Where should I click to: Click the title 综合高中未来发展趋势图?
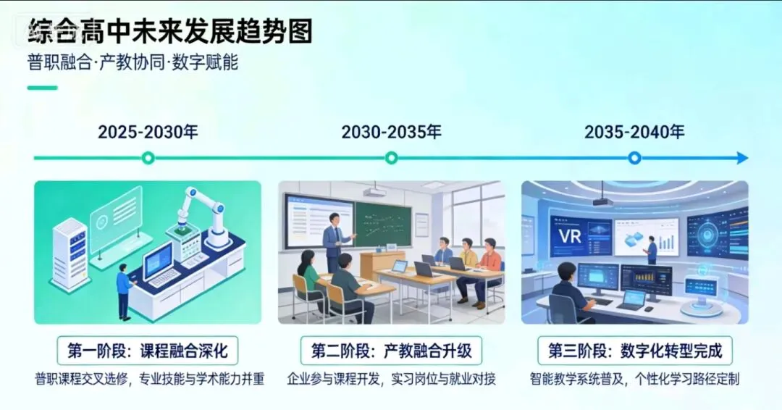point(170,32)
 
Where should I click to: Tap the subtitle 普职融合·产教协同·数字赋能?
point(133,63)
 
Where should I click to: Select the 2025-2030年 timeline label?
point(148,132)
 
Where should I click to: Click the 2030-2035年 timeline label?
point(391,132)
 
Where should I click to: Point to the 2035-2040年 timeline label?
point(634,132)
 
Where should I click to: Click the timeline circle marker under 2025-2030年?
point(148,158)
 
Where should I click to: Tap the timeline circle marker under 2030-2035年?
point(391,158)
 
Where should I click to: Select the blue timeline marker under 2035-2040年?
point(634,158)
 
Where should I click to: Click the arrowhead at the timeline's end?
point(742,158)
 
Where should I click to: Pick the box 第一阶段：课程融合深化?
point(148,351)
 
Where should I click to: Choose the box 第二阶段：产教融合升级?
point(391,351)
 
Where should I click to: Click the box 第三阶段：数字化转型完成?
point(634,351)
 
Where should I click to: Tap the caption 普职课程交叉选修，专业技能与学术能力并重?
point(148,379)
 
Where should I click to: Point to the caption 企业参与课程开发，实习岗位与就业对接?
point(391,379)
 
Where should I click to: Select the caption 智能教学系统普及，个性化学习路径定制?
point(634,379)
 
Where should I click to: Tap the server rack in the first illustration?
point(70,254)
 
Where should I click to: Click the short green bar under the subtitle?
point(42,88)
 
